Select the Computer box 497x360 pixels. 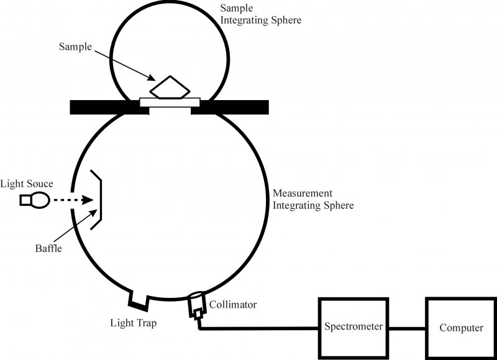460,328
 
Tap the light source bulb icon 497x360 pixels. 35,200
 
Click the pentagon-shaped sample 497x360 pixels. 168,88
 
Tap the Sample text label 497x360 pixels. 75,47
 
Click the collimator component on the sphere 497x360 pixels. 197,304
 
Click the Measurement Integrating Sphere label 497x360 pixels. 313,199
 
